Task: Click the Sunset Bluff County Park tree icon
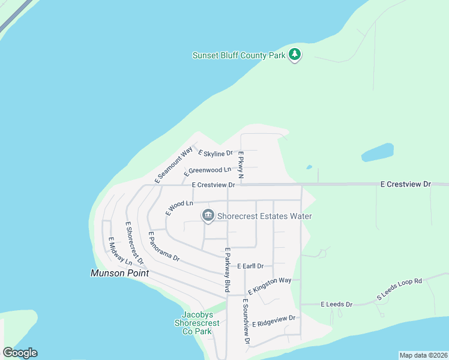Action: point(294,55)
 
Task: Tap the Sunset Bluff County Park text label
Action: point(239,55)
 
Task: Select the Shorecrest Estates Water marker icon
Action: point(208,215)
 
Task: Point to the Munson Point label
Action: point(119,273)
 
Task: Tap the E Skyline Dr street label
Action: point(215,154)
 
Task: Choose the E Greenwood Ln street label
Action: point(208,171)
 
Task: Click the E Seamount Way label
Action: point(173,164)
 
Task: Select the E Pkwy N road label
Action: point(240,166)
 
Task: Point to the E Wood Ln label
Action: point(179,208)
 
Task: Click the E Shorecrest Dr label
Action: point(134,243)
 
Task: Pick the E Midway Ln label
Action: point(119,251)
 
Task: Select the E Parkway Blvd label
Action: point(228,270)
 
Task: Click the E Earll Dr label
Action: point(250,265)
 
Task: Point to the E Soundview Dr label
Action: point(246,321)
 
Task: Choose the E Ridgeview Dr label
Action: point(274,321)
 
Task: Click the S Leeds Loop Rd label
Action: point(400,289)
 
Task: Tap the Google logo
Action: point(20,353)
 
